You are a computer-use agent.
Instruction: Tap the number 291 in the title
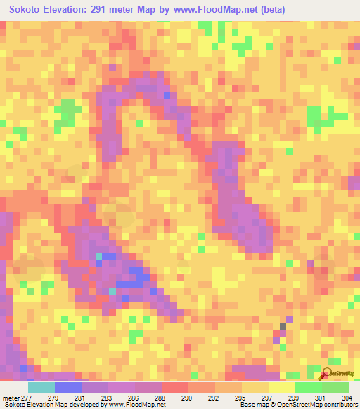(94, 9)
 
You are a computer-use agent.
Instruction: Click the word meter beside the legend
(11, 397)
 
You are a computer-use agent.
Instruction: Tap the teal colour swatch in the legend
(41, 387)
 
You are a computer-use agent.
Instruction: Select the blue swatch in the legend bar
(67, 387)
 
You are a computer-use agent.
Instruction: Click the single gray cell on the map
(283, 327)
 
